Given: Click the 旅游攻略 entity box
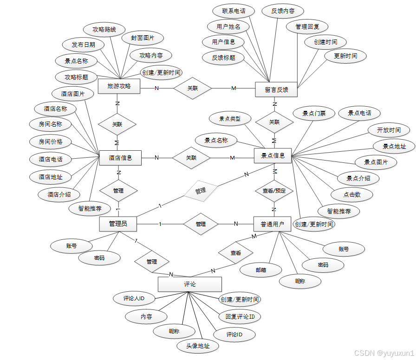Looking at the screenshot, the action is tap(119, 86).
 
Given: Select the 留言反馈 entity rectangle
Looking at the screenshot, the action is tap(276, 90).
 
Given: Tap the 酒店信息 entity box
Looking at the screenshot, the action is tap(120, 158).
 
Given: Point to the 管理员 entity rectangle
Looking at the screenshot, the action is tap(118, 224).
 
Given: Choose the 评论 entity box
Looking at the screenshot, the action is tap(190, 284).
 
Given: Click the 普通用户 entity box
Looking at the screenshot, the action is tap(272, 224).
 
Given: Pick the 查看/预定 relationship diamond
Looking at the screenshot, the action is tap(274, 191).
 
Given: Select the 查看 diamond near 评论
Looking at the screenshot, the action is tap(236, 253).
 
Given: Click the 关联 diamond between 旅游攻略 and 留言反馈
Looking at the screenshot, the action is tap(193, 88).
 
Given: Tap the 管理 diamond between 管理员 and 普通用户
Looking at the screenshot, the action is tap(201, 224).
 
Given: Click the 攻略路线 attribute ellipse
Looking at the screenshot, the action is tap(104, 29).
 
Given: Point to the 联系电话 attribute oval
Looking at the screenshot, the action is tap(234, 11).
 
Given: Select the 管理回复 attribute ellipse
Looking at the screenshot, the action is tap(307, 26).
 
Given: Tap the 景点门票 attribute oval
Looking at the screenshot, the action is tap(314, 113).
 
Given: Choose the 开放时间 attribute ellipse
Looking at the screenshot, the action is tap(390, 130).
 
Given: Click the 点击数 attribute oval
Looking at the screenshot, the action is tap(351, 195).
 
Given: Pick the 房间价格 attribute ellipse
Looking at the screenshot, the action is tap(51, 141).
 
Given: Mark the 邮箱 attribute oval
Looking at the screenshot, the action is tap(261, 270).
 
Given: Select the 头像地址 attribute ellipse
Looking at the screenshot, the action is tap(198, 346).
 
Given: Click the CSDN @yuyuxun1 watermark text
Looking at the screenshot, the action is tap(383, 353).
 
